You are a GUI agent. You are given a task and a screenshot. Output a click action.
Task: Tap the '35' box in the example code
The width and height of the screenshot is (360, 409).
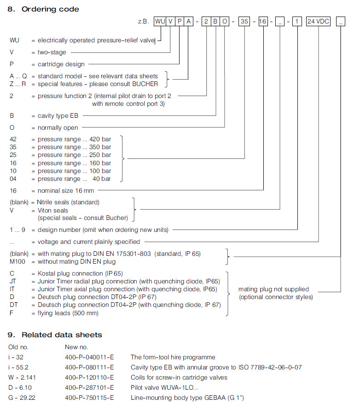click(x=244, y=22)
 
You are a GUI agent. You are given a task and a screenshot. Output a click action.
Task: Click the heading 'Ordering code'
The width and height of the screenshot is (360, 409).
click(x=50, y=9)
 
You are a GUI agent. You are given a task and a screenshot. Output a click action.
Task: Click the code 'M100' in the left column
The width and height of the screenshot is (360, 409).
click(x=17, y=262)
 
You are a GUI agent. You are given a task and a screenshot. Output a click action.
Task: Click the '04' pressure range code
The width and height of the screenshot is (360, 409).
click(x=14, y=179)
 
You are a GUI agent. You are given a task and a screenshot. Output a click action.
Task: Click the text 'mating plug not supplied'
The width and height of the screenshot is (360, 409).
click(x=273, y=289)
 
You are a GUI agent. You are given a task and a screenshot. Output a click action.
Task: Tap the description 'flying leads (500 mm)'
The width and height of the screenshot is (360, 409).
click(x=68, y=313)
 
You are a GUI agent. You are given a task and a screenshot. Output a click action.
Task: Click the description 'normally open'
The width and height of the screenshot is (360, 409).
click(x=58, y=127)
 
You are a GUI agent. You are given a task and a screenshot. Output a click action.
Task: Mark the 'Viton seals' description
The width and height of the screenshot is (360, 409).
click(x=53, y=210)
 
